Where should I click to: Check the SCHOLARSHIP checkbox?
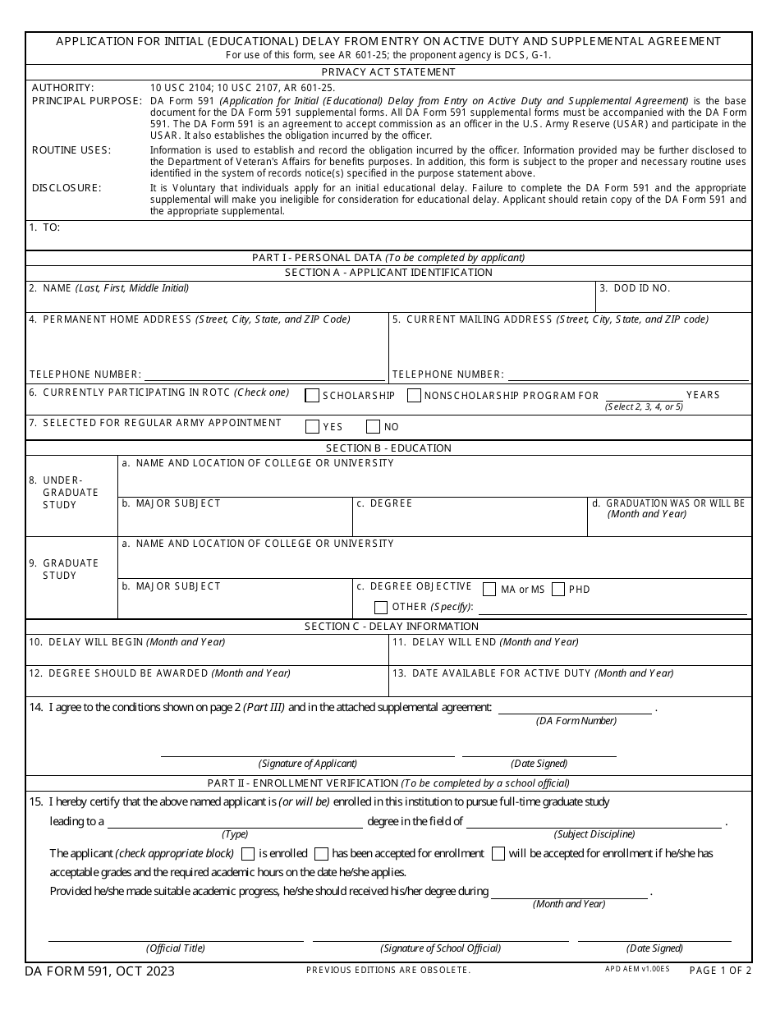click(x=312, y=396)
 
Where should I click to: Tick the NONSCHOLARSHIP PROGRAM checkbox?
click(x=415, y=396)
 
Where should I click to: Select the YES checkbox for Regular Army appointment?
click(x=312, y=427)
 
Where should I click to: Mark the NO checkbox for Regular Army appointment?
click(x=373, y=427)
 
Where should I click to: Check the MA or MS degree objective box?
click(x=489, y=589)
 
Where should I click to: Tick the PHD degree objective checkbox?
click(x=558, y=589)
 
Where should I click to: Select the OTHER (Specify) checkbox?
click(x=381, y=608)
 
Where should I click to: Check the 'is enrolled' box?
click(x=248, y=854)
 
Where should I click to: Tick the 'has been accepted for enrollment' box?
click(x=322, y=854)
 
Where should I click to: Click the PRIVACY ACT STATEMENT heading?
click(x=388, y=72)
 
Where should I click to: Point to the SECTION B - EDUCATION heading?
click(x=388, y=448)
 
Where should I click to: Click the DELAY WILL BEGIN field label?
click(x=127, y=642)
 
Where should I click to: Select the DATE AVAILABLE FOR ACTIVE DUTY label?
click(x=533, y=673)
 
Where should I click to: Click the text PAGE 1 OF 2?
click(x=719, y=971)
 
